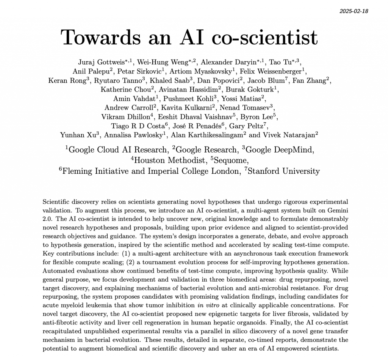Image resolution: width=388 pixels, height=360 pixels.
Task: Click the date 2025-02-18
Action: coord(354,11)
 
